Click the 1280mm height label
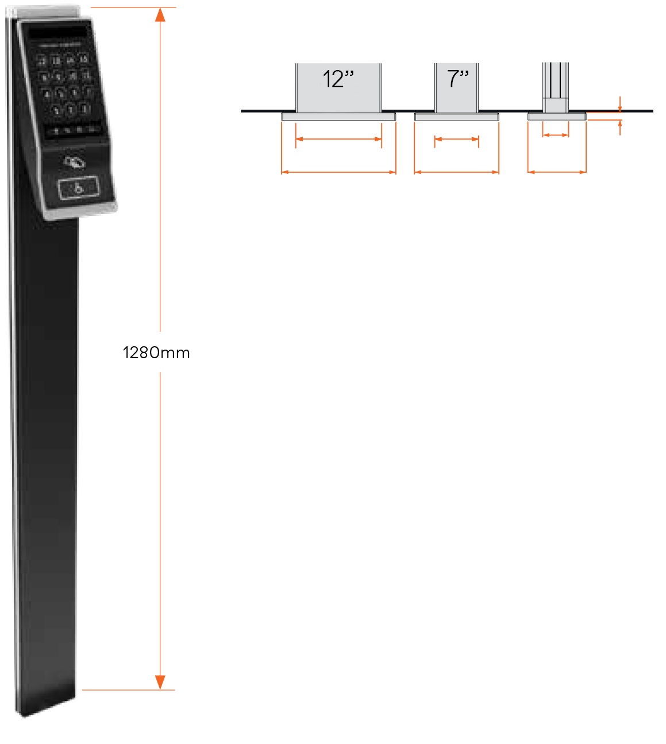click(156, 352)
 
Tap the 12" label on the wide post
click(338, 79)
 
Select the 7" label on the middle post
click(458, 79)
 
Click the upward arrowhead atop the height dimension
click(160, 14)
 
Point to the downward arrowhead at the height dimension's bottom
click(160, 682)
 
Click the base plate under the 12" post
click(338, 117)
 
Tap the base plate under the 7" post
click(456, 117)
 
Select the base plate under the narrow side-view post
click(557, 117)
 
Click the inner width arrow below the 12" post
click(338, 139)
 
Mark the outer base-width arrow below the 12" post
click(338, 172)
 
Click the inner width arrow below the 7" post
click(456, 139)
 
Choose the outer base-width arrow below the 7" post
click(456, 172)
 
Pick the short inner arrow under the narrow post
click(555, 135)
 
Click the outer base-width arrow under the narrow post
click(557, 172)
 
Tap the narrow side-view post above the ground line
click(556, 86)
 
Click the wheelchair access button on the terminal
click(79, 188)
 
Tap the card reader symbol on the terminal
click(74, 162)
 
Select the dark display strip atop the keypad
click(57, 33)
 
